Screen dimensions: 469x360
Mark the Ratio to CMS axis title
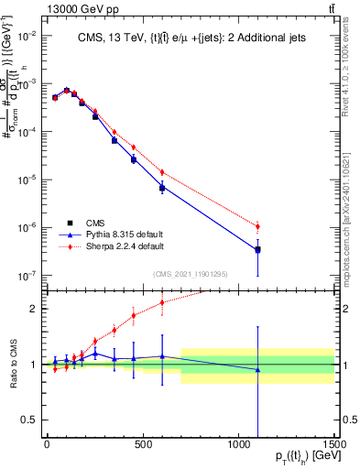[x=12, y=364]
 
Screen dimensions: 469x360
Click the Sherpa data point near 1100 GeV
[x=257, y=226]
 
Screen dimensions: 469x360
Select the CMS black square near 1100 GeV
[x=257, y=249]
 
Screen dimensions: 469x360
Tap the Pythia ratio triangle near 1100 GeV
[x=257, y=370]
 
